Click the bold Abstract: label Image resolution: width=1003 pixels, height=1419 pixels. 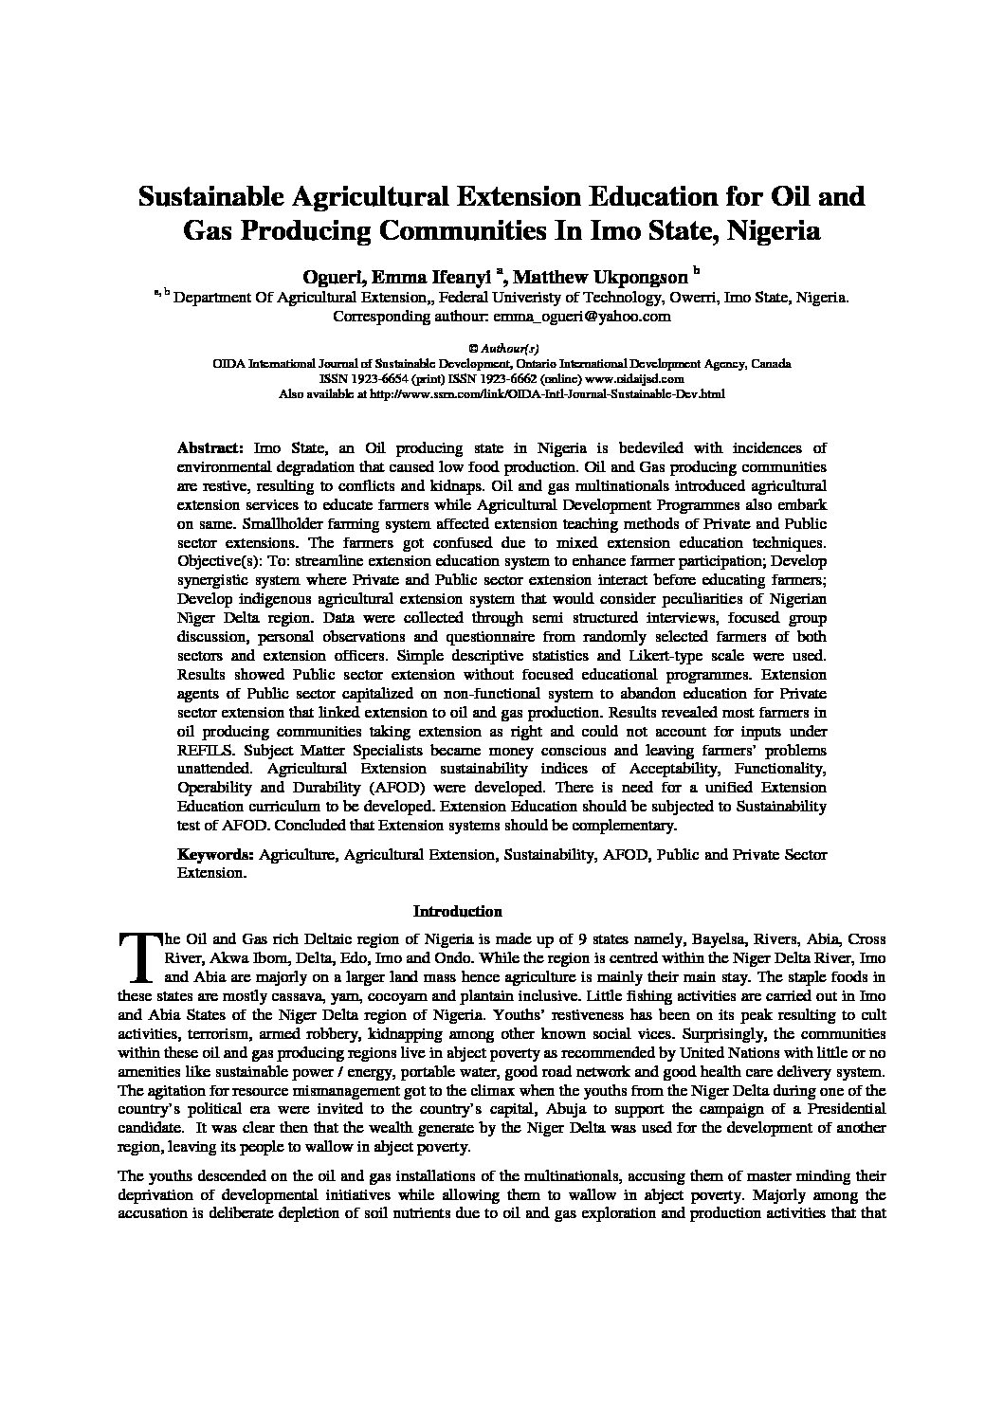point(211,448)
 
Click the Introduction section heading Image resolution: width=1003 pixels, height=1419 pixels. point(457,912)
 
